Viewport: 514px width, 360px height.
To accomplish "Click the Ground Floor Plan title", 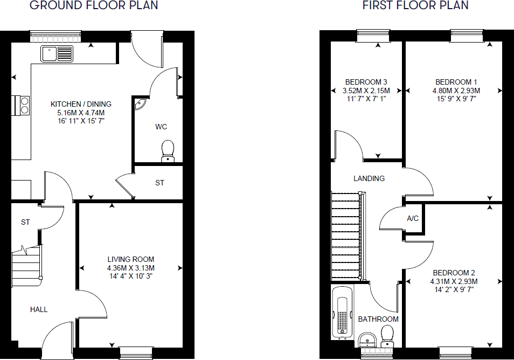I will pos(94,6).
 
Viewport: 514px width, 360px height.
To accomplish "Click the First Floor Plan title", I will pos(415,6).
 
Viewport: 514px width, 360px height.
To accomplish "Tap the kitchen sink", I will pos(57,53).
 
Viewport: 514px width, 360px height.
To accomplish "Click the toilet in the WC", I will pos(168,150).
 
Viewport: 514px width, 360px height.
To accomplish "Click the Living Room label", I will pos(131,259).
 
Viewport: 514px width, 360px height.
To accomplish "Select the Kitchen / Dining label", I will pos(81,104).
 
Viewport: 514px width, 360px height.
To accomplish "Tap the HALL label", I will pos(39,309).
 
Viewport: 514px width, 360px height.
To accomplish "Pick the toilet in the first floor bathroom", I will pos(387,335).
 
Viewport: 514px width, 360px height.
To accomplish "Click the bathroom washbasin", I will pos(367,340).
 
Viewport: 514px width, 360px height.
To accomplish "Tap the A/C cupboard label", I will pos(413,219).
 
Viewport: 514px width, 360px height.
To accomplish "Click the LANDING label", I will pos(369,178).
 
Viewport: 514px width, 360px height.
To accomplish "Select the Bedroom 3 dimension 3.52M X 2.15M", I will pos(366,91).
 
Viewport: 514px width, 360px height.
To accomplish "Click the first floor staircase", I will pos(345,237).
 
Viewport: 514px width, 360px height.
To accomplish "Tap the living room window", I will pos(133,353).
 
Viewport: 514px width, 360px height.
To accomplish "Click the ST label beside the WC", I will pos(159,183).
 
